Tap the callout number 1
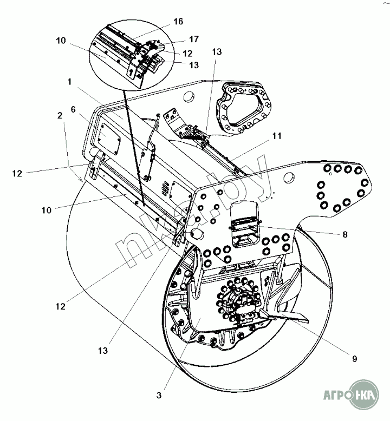69,82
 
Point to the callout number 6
74,109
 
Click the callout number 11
277,137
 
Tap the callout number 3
159,396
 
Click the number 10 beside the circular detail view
60,41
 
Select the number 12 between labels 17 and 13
187,54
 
